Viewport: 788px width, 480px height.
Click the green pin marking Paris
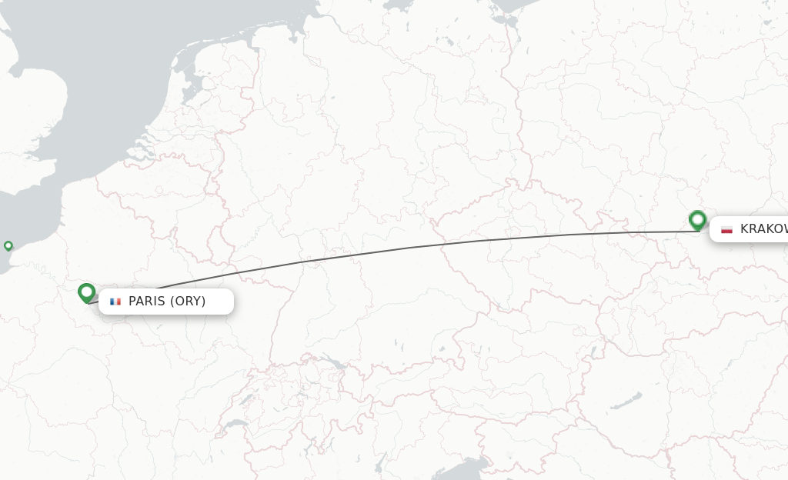click(86, 292)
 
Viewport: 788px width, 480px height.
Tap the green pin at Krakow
click(697, 220)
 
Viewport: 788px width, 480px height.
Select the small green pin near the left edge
click(8, 246)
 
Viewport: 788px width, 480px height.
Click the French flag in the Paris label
click(115, 302)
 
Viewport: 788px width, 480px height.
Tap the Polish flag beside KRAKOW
click(726, 229)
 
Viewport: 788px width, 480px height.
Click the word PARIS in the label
click(145, 302)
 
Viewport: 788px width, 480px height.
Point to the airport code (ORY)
click(188, 302)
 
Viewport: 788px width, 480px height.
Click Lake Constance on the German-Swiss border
click(333, 362)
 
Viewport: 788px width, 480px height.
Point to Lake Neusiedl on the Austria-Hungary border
click(592, 353)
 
